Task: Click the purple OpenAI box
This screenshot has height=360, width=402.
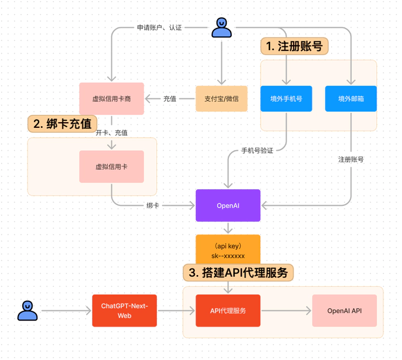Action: point(228,205)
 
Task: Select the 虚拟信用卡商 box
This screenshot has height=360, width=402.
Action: point(112,99)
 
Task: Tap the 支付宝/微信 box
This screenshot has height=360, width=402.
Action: point(222,99)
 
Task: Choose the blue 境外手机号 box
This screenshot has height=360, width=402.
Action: point(286,99)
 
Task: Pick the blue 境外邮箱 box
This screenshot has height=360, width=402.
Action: point(351,99)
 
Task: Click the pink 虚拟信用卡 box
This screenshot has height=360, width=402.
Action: point(112,166)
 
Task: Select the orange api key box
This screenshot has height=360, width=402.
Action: point(228,249)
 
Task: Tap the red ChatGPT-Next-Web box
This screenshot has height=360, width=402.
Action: point(125,310)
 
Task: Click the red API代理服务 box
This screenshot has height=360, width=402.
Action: point(228,310)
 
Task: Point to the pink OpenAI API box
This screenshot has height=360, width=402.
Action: point(344,310)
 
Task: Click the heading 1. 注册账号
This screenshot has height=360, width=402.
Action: point(294,46)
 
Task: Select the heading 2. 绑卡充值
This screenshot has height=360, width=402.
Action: point(63,124)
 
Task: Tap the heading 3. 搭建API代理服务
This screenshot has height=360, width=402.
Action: point(238,273)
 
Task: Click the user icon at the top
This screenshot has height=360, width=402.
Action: point(222,27)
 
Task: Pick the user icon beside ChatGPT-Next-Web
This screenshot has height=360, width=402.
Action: point(27,310)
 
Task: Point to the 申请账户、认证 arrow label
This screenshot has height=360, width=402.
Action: point(159,27)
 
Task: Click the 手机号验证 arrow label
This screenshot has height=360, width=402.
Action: point(257,151)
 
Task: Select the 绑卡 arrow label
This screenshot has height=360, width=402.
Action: point(152,205)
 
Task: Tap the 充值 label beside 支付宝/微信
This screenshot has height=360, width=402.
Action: point(170,99)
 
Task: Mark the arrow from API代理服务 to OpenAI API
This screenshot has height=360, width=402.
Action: point(286,310)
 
